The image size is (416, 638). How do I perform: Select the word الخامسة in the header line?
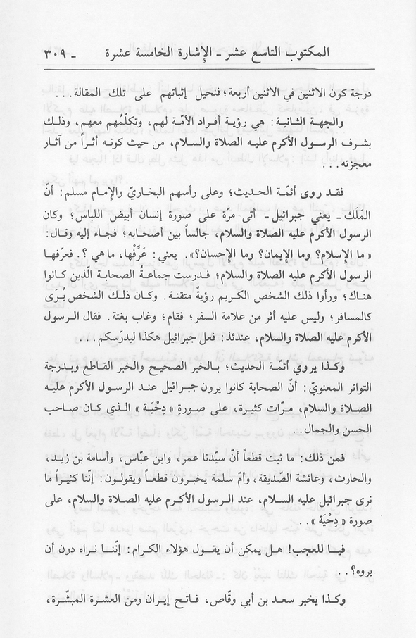click(x=201, y=51)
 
